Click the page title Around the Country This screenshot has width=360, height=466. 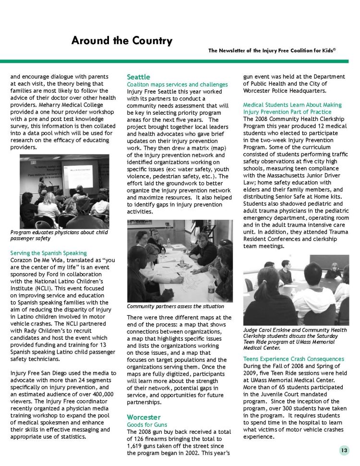pos(121,41)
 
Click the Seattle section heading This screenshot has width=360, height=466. pos(138,77)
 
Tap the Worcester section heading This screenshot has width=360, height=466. pos(144,417)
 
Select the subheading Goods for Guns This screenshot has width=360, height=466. pos(146,425)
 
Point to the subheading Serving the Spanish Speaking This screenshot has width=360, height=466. pos(48,252)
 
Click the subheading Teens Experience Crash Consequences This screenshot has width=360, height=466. pos(293,359)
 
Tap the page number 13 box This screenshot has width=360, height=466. pos(344,450)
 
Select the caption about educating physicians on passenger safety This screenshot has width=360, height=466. pos(59,235)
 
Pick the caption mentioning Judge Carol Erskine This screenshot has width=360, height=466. pos(295,338)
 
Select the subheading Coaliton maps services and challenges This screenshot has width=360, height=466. pos(177,84)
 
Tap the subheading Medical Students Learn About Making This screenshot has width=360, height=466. pos(292,105)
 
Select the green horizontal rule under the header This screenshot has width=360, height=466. pos(180,61)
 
